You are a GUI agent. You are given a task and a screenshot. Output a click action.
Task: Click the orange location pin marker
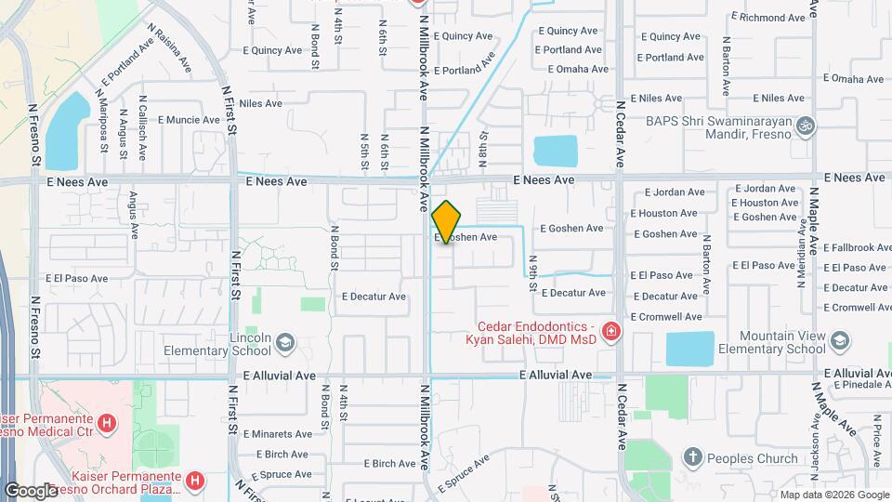446,222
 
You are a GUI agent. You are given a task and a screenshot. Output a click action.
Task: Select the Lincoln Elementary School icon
284,343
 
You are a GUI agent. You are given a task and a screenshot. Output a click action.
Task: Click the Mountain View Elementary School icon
840,341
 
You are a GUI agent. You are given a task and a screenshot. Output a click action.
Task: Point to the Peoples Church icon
691,457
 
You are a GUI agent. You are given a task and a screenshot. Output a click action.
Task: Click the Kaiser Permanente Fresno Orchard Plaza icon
195,481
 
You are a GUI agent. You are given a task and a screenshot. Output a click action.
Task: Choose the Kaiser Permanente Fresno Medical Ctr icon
108,425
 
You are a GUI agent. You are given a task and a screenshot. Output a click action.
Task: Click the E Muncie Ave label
189,120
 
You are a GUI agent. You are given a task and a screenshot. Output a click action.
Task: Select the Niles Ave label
260,103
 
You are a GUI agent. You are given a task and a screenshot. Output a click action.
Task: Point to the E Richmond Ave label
768,18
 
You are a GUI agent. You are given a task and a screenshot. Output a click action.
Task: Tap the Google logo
31,490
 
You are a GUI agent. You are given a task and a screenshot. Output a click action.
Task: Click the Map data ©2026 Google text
833,495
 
